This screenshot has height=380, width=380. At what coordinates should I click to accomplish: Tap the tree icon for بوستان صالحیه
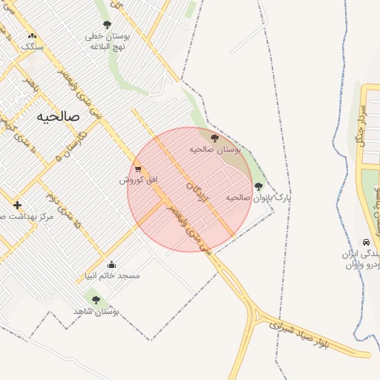214,138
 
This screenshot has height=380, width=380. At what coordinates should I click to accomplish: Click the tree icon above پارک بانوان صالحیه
258,186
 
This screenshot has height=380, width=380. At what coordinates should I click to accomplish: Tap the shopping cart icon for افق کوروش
138,168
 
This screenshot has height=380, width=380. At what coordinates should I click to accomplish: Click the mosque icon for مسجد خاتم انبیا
111,264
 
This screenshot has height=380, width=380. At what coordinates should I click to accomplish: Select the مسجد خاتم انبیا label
111,275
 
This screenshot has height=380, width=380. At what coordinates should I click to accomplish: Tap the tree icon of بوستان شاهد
96,300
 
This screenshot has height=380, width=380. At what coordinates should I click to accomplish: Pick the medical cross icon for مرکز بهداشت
17,205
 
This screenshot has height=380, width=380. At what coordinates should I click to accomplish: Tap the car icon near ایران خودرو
366,243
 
